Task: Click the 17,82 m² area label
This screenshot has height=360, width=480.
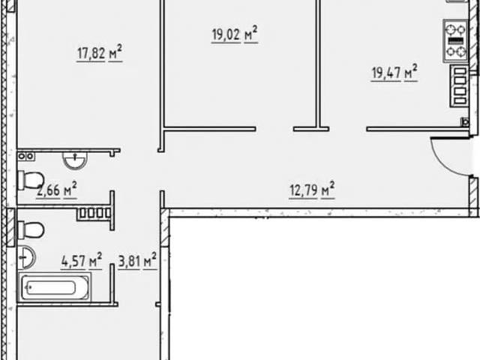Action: [100, 52]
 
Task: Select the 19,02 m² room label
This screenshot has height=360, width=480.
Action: [235, 34]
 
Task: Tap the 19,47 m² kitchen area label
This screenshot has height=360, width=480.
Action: [394, 73]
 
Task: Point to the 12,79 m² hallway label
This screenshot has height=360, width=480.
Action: [312, 190]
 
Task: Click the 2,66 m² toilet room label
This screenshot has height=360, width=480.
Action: [56, 190]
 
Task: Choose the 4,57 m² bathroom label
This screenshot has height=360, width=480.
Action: [82, 261]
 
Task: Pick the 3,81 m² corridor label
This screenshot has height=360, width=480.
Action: [137, 261]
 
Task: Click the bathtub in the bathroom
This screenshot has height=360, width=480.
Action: [54, 287]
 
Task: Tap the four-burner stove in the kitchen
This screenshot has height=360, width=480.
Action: [455, 41]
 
